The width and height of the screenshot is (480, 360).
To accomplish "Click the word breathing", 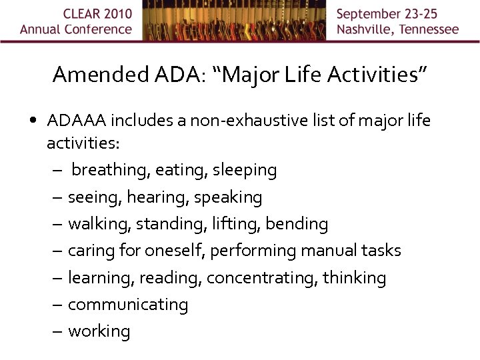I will click(x=111, y=171).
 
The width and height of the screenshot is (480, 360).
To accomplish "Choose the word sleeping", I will click(x=245, y=171).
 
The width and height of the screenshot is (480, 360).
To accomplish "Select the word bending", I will click(x=297, y=224).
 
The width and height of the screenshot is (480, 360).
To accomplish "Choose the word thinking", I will click(x=354, y=277).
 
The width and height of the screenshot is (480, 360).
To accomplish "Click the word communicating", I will click(x=128, y=304).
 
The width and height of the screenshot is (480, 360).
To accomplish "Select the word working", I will click(x=99, y=331).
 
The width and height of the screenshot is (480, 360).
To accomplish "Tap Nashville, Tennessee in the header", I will click(x=397, y=29).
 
